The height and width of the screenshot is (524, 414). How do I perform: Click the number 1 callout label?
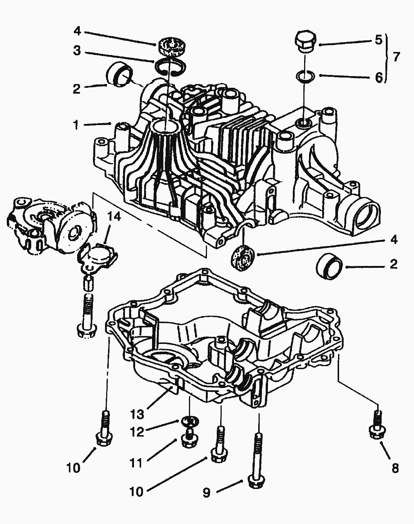76,125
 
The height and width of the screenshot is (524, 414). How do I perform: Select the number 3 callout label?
77,51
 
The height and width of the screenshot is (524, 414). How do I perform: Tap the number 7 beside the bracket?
396,57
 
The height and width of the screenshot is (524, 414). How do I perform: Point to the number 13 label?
137,414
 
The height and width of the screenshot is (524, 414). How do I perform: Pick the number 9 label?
206,493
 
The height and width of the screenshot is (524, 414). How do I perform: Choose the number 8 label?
395,468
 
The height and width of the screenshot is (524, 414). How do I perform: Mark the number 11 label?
137,463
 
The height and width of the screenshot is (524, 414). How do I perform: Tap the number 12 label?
137,432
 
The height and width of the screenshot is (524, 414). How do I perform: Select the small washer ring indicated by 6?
304,76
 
